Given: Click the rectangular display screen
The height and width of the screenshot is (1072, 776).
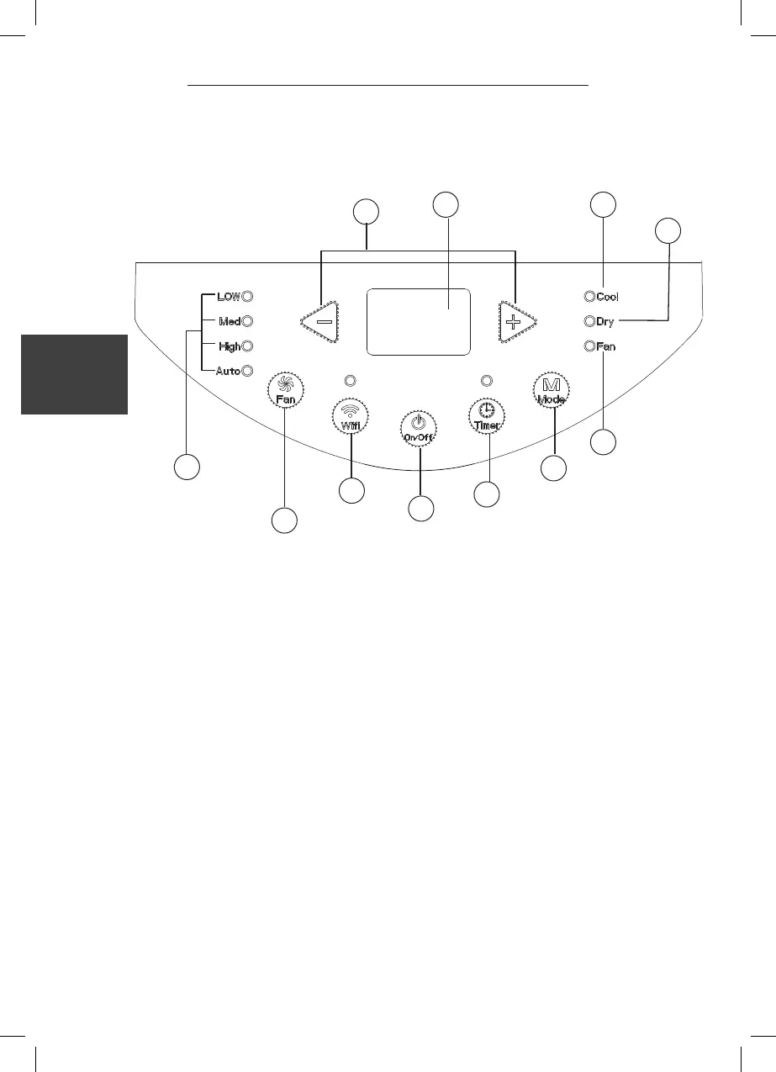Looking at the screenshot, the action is click(418, 322).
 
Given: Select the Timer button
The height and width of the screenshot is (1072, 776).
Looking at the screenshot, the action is click(486, 417).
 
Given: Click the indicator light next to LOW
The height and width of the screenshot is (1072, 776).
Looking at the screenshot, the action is click(248, 296).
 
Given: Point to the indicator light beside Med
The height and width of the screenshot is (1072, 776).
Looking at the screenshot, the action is click(248, 320).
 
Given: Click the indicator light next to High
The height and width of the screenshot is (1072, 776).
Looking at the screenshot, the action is click(248, 346).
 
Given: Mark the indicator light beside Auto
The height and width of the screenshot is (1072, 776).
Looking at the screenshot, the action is click(248, 371).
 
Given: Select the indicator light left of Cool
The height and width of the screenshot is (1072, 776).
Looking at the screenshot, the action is click(589, 296).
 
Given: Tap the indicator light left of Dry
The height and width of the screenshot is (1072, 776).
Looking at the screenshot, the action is click(589, 321).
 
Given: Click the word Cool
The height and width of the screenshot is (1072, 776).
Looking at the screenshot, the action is click(608, 297).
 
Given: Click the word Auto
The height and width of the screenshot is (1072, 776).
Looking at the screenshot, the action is click(228, 371).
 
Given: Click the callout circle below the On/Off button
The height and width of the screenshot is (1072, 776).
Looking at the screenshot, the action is click(420, 508).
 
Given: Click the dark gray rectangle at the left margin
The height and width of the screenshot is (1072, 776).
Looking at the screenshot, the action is click(74, 374).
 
